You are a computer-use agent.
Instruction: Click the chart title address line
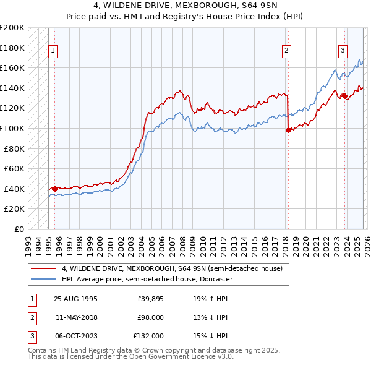coord(185,6)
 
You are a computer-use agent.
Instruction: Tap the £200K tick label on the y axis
coord(12,28)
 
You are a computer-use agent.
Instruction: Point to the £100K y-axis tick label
coord(12,129)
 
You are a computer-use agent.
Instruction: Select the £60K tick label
coord(14,169)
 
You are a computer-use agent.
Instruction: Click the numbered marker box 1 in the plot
coord(53,51)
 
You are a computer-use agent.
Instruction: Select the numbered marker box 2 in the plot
coord(287,51)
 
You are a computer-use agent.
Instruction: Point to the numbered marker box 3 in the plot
coord(342,51)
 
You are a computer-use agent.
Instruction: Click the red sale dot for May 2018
coord(288,130)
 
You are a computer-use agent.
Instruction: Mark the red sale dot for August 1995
coord(54,189)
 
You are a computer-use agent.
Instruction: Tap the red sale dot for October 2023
coord(343,95)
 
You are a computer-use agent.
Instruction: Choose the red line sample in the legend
coord(43,268)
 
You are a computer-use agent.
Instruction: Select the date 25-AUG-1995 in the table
coord(75,298)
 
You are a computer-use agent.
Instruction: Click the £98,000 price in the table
coord(150,317)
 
